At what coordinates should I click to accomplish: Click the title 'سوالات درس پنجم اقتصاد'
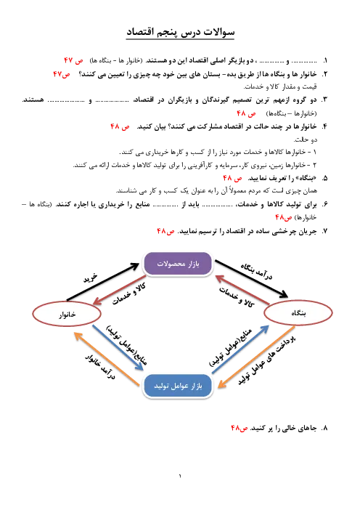tap(180, 33)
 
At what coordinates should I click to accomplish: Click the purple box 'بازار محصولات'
tap(178, 264)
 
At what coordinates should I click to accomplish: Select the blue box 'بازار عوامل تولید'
tap(178, 386)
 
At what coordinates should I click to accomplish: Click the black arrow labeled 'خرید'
tap(103, 282)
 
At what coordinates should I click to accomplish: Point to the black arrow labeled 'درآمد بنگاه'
tap(251, 278)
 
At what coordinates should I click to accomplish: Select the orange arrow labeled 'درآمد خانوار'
tap(107, 359)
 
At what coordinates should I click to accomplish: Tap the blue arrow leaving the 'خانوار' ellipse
tap(118, 347)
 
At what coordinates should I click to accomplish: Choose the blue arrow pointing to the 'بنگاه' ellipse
tap(240, 349)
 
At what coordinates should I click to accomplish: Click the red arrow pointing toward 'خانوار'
tap(119, 290)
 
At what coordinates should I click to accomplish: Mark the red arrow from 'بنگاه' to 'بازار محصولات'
tap(242, 290)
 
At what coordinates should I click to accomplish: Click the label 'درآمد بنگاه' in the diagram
tap(257, 272)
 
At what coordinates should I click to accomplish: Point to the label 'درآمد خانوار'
tap(100, 367)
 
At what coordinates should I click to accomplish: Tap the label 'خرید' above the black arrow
tap(90, 278)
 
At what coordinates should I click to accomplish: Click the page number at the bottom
tap(180, 476)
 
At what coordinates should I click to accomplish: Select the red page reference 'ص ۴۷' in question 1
tap(73, 60)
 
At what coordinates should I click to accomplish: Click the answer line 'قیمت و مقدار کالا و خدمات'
tap(280, 87)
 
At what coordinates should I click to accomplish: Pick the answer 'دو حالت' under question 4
tap(305, 139)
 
